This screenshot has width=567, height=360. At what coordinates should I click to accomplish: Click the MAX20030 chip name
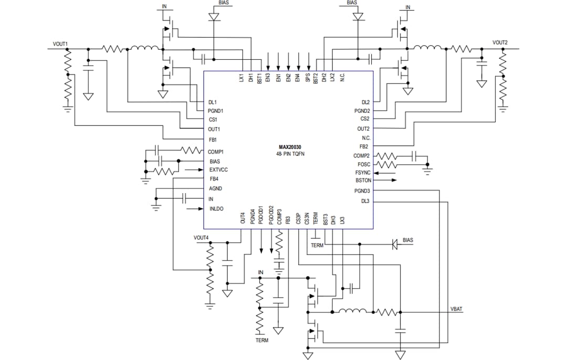(x=290, y=147)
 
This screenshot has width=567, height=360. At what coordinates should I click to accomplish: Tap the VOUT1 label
(x=60, y=44)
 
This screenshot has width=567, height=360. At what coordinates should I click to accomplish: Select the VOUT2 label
(x=500, y=42)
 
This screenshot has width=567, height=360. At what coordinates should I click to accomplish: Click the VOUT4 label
(x=201, y=238)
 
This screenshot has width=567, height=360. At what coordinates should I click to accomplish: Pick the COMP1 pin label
(x=215, y=152)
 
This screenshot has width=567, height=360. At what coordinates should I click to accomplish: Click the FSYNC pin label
(x=363, y=173)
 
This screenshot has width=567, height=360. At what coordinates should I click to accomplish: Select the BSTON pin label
(x=363, y=181)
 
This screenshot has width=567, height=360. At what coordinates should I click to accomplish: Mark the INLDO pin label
(x=216, y=209)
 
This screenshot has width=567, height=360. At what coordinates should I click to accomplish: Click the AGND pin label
(x=215, y=188)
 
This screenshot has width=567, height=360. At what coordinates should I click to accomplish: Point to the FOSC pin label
(x=364, y=164)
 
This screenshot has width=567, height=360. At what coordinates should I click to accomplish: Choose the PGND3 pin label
(x=362, y=191)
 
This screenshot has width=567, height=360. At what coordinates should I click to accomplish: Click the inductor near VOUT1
(x=144, y=49)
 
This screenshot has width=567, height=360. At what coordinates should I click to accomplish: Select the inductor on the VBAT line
(x=352, y=312)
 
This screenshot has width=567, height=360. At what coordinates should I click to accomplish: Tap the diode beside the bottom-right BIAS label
(x=395, y=244)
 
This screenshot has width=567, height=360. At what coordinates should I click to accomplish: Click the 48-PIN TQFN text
(x=290, y=155)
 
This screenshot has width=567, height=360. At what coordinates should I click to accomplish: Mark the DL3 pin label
(x=365, y=201)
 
